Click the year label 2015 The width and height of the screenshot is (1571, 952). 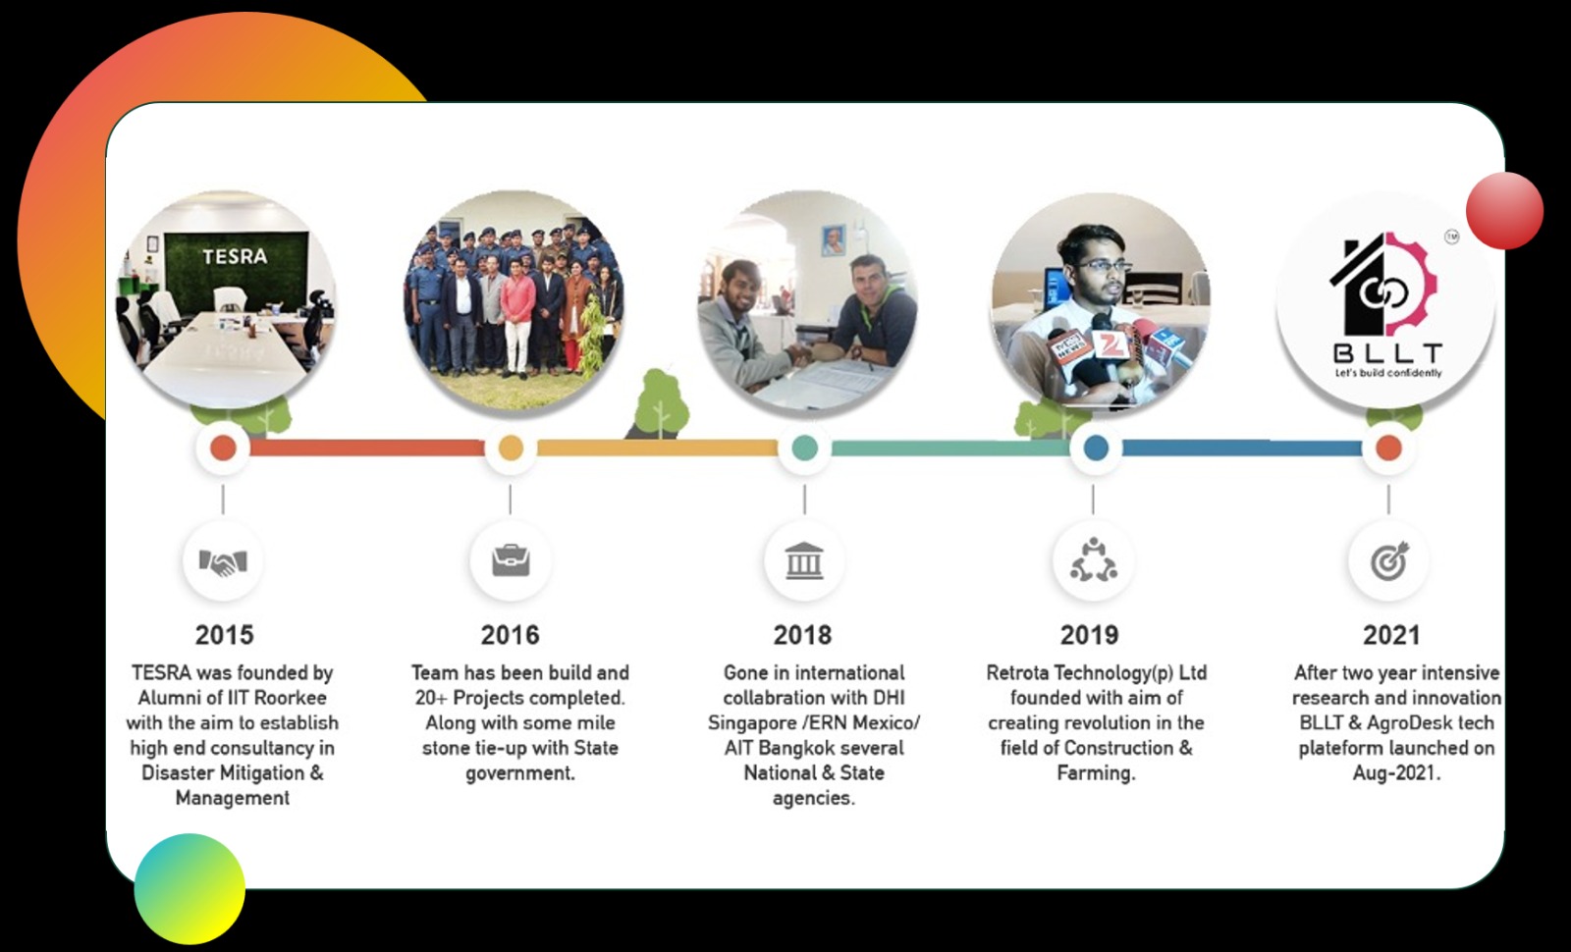(225, 635)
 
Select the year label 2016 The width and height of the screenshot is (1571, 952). (510, 635)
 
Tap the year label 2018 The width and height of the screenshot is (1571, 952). (802, 635)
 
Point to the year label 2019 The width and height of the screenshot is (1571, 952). (1089, 635)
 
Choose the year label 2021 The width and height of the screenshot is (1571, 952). (1391, 635)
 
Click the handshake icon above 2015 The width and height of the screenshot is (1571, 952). (223, 561)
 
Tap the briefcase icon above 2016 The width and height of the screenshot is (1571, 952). (511, 560)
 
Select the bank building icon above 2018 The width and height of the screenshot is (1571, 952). (804, 560)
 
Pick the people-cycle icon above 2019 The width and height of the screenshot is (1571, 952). (1094, 560)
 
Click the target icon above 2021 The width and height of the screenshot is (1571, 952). (1389, 560)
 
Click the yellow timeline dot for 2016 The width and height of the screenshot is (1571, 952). (511, 448)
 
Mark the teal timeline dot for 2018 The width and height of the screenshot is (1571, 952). (804, 448)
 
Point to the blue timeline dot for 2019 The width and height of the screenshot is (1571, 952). (1096, 448)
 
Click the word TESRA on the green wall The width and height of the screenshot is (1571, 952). (235, 256)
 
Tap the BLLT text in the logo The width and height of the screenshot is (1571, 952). (1388, 352)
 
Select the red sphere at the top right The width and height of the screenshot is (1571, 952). (1504, 210)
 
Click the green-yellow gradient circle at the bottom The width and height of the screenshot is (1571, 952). (190, 889)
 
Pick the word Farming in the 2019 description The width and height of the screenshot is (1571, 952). (1096, 773)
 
